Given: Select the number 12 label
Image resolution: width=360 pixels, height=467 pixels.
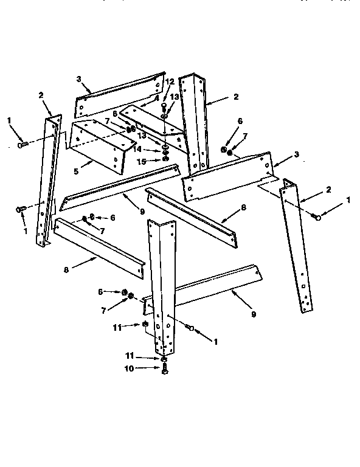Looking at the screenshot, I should click(170, 81).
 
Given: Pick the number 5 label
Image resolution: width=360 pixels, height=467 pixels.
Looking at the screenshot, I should click(76, 171).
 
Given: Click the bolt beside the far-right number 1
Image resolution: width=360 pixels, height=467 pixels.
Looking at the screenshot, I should click(316, 216).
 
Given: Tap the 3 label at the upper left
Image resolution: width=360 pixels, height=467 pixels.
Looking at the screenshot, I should click(79, 78).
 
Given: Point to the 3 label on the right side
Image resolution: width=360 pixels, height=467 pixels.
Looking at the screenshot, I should click(296, 154).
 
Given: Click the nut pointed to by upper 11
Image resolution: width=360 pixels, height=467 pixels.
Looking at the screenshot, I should click(146, 325).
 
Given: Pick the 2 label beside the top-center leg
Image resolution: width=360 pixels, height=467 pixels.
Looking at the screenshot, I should click(235, 97).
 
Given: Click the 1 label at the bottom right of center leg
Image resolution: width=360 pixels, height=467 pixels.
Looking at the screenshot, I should click(215, 342).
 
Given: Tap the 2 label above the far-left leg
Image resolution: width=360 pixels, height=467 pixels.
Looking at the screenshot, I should click(41, 95).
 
